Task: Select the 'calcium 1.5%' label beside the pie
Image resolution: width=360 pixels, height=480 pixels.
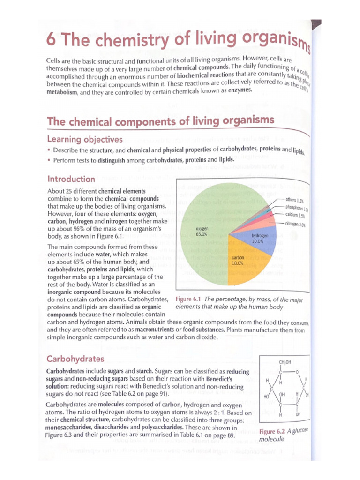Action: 295,215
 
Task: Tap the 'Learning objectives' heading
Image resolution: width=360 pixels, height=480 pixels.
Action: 85,139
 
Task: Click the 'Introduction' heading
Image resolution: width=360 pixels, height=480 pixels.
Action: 71,179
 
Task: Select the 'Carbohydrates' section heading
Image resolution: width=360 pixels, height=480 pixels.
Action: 75,359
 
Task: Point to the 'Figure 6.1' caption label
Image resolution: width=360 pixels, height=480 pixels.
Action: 188,300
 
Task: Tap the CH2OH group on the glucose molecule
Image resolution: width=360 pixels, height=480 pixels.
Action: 285,362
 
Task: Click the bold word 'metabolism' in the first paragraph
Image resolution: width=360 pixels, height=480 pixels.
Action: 61,93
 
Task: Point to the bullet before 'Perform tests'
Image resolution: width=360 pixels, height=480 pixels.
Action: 49,160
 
